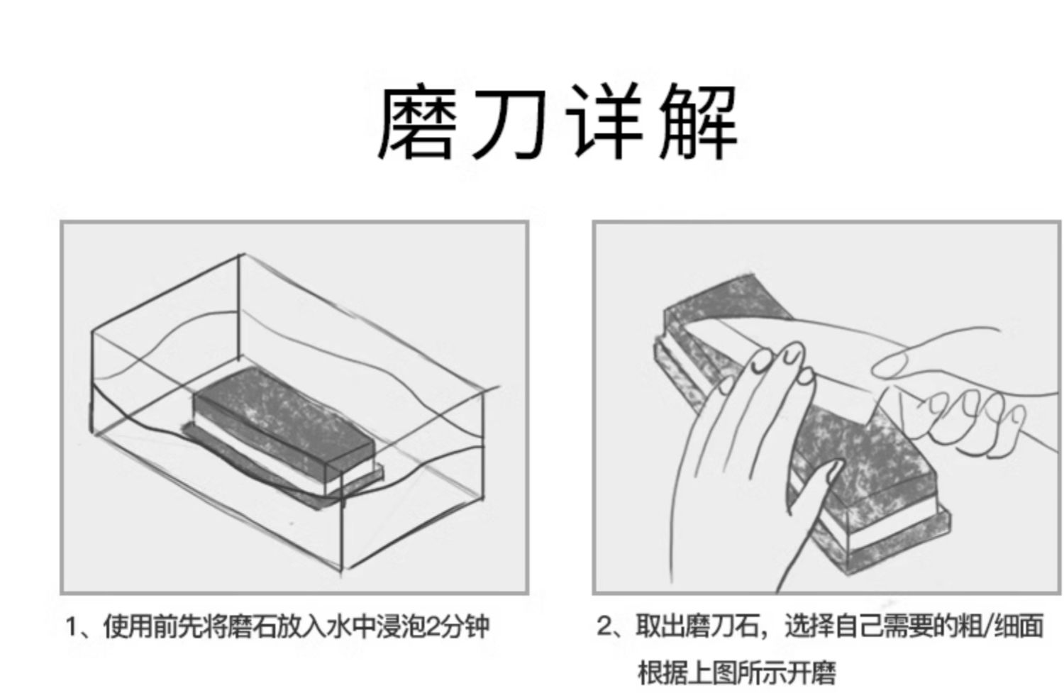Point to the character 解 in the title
click(x=699, y=123)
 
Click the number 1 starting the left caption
click(x=72, y=627)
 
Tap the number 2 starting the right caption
click(x=604, y=627)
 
